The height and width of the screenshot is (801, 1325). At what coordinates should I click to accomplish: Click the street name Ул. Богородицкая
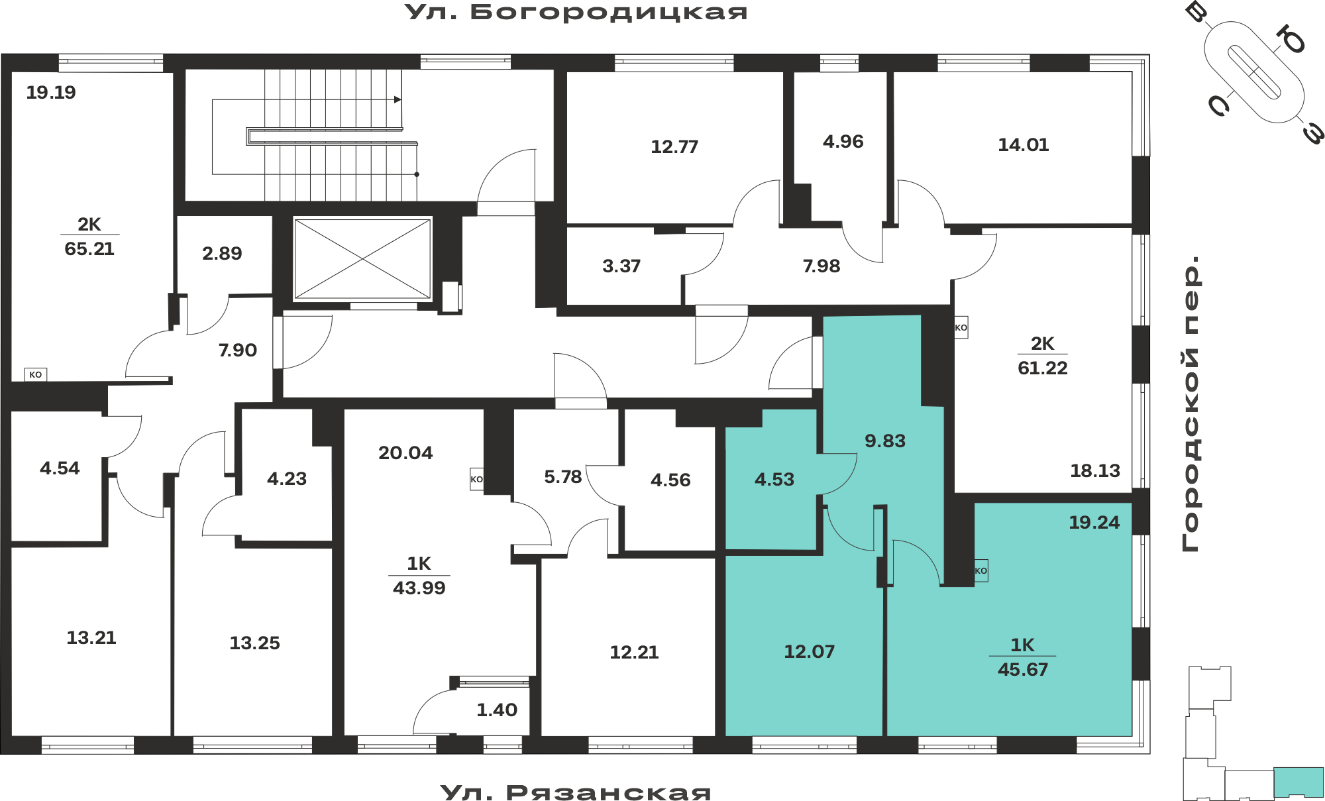576,13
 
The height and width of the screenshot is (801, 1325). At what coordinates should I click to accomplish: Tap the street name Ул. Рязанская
576,792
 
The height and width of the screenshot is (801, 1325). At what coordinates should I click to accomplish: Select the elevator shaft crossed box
362,259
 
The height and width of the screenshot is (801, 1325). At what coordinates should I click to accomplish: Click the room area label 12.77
674,146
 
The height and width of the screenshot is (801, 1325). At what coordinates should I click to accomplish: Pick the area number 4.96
843,141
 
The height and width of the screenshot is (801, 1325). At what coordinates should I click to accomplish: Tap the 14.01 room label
1024,144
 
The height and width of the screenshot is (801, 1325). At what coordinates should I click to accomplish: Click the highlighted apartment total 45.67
1023,669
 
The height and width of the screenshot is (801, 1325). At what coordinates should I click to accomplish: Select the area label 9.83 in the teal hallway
885,441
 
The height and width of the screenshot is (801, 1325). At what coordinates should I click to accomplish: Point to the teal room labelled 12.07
810,651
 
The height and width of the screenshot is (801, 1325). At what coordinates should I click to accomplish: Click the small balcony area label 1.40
497,710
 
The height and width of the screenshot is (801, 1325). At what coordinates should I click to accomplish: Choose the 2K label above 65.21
89,224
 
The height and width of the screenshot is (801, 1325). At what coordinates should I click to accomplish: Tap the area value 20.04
405,453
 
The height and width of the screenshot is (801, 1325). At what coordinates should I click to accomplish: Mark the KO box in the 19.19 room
36,374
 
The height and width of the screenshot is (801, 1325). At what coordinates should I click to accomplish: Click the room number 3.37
621,266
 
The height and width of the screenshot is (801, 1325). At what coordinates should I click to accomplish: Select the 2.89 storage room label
222,253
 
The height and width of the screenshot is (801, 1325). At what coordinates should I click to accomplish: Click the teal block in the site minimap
1298,782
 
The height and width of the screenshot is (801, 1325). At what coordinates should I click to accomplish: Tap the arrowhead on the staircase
397,99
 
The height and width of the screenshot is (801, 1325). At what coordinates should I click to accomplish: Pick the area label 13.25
254,643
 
